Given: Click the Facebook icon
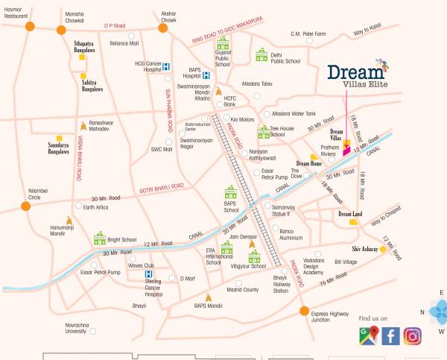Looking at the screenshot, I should click(391, 336).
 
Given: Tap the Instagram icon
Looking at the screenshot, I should click(413, 336).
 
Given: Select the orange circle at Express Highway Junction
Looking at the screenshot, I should click(303, 311).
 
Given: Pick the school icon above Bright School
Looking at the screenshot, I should click(100, 239).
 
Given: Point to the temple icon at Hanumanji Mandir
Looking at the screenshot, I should click(69, 221).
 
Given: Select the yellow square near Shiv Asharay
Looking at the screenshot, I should click(383, 251).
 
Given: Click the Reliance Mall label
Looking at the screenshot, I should click(124, 43).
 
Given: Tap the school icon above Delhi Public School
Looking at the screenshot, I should click(261, 55).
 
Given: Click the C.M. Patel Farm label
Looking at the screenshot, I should click(308, 34).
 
